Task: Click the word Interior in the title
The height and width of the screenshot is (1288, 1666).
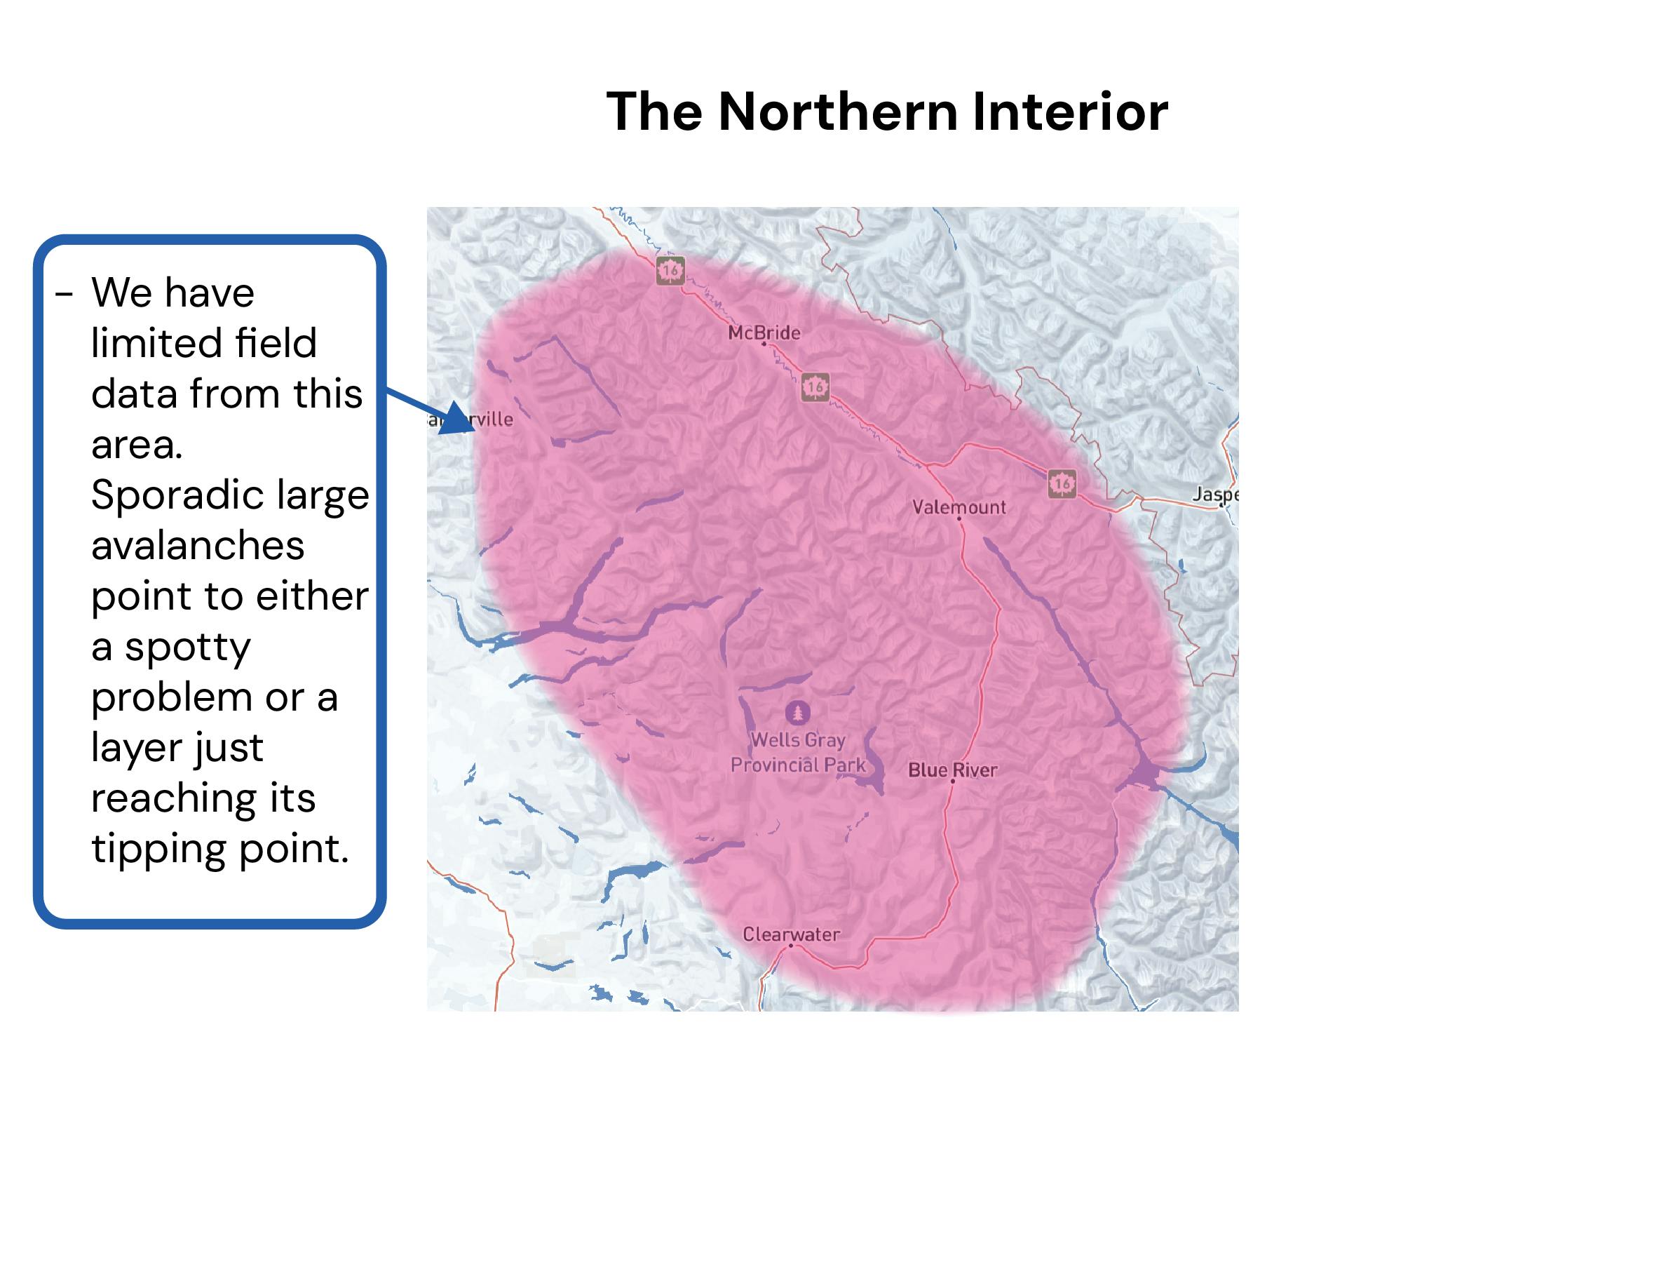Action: tap(1069, 112)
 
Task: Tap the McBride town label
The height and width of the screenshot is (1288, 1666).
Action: tap(764, 333)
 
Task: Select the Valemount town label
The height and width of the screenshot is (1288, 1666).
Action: tap(959, 507)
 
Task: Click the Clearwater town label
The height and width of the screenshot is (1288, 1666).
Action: tap(791, 934)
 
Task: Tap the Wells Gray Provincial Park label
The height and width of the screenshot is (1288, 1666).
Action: tap(798, 752)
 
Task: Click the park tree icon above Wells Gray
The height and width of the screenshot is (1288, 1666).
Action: tap(798, 713)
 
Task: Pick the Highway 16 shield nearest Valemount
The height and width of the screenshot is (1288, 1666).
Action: tap(1062, 483)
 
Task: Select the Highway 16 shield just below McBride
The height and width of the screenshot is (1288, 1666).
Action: tap(815, 387)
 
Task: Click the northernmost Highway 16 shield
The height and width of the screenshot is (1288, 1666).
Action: tap(670, 270)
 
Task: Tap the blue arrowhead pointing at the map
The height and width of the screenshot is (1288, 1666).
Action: tap(458, 418)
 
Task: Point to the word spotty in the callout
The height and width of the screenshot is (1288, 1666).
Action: tap(187, 647)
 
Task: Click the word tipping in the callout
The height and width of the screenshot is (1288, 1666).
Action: tap(158, 847)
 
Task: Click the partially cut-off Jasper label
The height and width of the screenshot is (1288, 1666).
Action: tap(1215, 495)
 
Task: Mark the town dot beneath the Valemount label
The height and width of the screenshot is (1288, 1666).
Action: tap(959, 519)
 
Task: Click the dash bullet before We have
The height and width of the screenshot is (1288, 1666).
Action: tap(64, 293)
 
